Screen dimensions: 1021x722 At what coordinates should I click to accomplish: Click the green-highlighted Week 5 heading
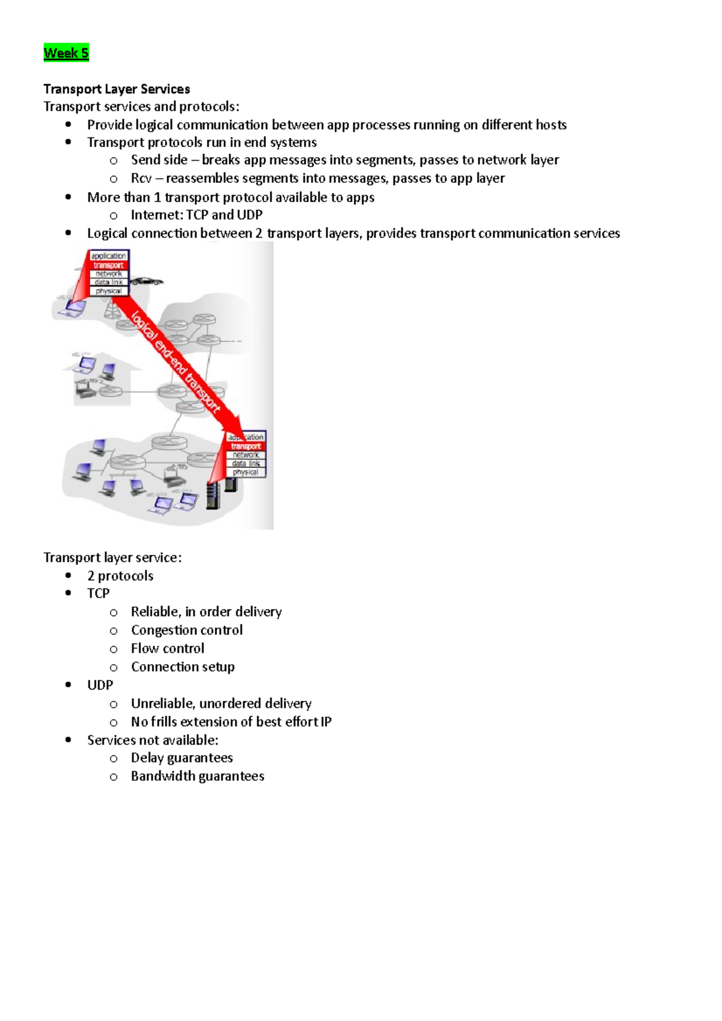pos(66,53)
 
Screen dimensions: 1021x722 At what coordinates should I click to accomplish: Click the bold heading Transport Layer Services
pos(117,89)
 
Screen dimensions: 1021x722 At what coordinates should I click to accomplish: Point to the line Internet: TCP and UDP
pos(196,215)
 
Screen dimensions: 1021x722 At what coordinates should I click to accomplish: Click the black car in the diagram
pos(146,281)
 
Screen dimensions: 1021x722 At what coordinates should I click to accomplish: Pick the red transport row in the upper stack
pos(108,265)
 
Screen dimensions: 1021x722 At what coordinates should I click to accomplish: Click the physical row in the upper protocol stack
pos(108,291)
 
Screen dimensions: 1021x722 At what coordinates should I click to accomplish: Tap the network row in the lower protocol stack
pos(246,455)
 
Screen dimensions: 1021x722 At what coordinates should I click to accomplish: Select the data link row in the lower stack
pos(246,464)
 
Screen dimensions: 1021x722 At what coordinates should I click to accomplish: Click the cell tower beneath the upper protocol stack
pos(111,309)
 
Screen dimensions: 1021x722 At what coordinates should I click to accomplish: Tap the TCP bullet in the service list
pos(98,594)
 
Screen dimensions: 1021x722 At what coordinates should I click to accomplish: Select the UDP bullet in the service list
pos(100,685)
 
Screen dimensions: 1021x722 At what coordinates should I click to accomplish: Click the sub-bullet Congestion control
pos(187,631)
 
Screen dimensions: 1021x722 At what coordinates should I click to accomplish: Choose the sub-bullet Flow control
pos(167,649)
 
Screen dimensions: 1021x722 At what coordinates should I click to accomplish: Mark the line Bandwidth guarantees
pos(197,777)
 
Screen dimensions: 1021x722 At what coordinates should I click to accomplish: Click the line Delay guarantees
pos(182,758)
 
